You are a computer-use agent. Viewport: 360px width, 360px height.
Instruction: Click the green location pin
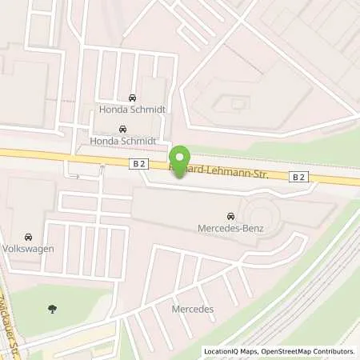tap(180, 159)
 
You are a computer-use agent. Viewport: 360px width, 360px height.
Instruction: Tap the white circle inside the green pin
tap(180, 156)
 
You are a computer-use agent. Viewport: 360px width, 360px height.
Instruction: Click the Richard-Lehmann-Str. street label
tap(228, 174)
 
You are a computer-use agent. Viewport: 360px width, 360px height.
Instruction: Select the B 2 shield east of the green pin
tap(320, 178)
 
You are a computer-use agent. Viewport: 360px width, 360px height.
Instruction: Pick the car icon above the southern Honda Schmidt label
tap(122, 129)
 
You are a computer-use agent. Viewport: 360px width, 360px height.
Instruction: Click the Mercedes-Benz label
tap(230, 229)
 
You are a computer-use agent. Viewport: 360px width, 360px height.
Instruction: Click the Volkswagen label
tap(28, 249)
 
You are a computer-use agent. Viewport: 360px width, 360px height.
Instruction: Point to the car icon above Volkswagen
tap(28, 237)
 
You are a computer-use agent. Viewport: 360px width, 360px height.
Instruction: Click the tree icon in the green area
tap(53, 308)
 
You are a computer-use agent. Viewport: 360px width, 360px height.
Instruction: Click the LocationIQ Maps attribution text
tap(230, 351)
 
